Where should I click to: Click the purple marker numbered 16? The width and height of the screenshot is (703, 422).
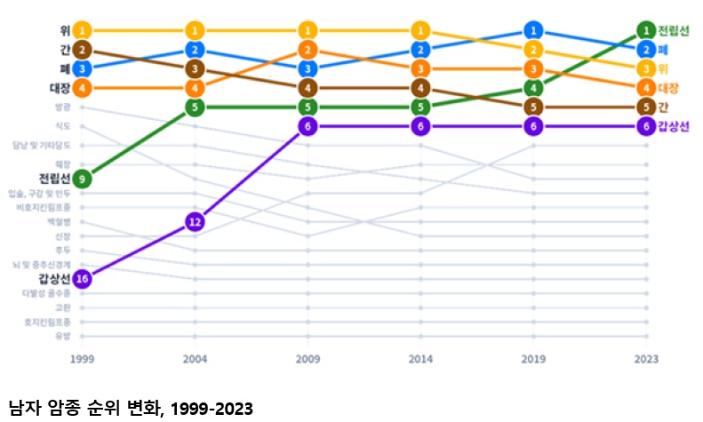(82, 279)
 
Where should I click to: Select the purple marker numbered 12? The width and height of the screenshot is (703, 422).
(195, 222)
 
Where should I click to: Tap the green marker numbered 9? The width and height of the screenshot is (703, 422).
(82, 179)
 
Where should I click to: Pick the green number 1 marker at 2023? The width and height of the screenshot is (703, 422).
(646, 30)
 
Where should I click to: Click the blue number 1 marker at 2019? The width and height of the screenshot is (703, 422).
(532, 30)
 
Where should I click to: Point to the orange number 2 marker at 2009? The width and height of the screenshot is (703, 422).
(308, 50)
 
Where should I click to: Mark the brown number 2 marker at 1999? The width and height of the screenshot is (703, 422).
(82, 49)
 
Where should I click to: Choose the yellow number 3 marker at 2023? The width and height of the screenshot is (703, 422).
(646, 68)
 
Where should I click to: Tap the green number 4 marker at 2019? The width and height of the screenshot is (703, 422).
(532, 88)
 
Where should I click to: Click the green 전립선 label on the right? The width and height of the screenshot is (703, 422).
(675, 30)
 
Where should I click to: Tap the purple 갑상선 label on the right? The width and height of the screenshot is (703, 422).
(675, 126)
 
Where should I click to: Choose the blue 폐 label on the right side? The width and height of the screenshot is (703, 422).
(663, 50)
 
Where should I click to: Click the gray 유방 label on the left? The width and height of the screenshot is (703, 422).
(61, 336)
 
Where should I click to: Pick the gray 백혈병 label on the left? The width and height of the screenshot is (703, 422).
(59, 221)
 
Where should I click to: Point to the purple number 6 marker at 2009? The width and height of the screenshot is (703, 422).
(308, 126)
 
